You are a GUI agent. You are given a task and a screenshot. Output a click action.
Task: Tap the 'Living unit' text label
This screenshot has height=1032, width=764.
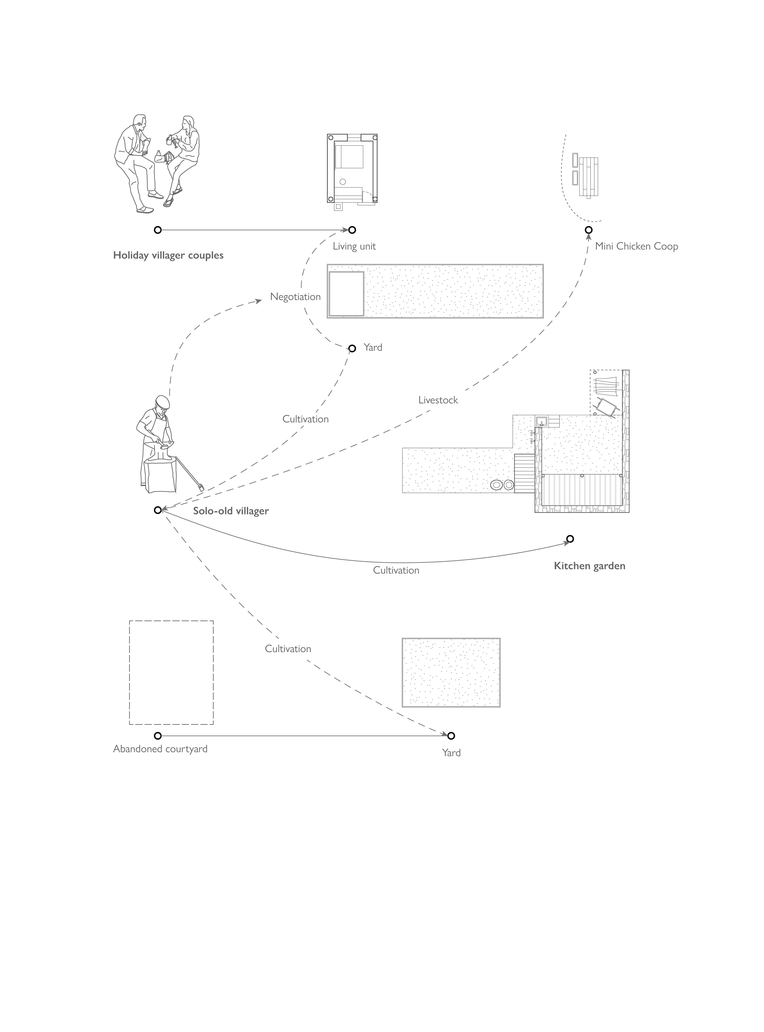pyautogui.click(x=354, y=246)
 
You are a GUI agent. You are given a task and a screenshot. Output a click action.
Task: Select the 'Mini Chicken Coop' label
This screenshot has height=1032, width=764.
pyautogui.click(x=636, y=246)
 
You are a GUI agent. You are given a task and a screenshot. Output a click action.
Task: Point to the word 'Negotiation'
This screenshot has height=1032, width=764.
pyautogui.click(x=295, y=297)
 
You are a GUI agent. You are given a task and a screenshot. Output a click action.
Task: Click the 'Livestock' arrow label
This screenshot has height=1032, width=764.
pyautogui.click(x=438, y=400)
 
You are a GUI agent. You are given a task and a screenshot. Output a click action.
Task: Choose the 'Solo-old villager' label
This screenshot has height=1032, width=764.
pyautogui.click(x=231, y=511)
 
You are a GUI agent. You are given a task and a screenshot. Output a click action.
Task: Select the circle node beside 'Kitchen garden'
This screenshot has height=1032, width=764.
pyautogui.click(x=570, y=539)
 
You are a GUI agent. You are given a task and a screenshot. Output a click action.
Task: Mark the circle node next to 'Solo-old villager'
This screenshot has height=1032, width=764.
pyautogui.click(x=158, y=510)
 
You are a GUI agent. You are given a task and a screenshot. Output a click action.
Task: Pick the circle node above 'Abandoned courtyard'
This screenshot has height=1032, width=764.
pyautogui.click(x=158, y=735)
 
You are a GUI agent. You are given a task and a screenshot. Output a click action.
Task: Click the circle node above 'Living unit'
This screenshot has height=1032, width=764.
pyautogui.click(x=352, y=230)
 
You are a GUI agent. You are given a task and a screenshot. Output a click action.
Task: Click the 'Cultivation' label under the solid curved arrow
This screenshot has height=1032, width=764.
pyautogui.click(x=396, y=570)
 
